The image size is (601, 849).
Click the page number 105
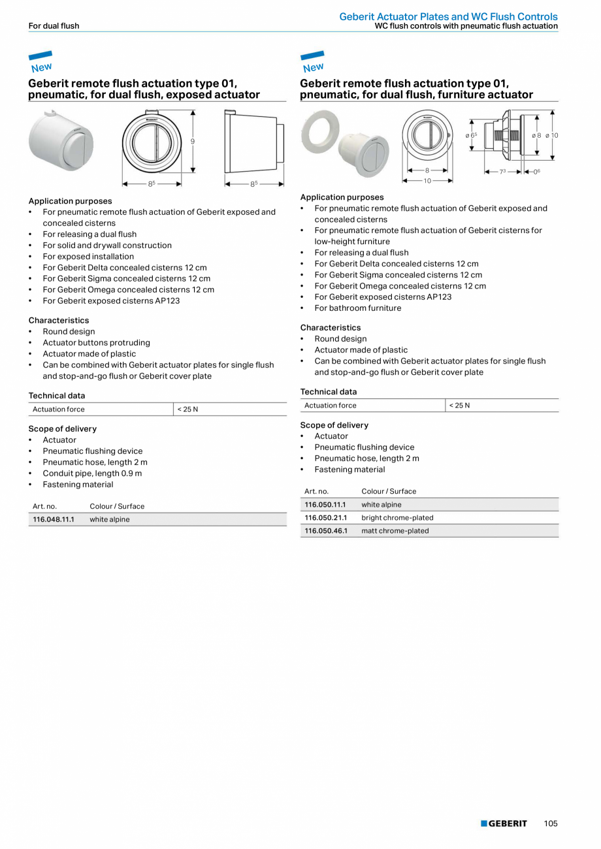[551, 824]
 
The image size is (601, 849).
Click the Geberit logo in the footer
[504, 824]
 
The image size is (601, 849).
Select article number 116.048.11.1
[54, 520]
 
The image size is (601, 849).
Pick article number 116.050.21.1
[325, 518]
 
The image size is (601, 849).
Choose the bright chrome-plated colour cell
[397, 518]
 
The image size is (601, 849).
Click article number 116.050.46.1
[325, 531]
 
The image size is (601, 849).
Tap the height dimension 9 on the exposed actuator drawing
[193, 141]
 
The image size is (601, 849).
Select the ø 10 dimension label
[552, 135]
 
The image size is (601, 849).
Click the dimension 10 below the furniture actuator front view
[427, 181]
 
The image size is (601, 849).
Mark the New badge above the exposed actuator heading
[41, 63]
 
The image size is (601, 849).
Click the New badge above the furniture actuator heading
[313, 63]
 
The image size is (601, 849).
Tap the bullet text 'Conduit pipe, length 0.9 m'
[92, 473]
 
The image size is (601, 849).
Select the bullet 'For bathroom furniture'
[358, 308]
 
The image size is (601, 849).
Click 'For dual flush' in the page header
[54, 26]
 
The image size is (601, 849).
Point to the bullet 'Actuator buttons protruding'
[96, 343]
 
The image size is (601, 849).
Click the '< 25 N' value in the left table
[187, 409]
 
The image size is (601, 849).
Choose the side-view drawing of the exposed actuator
[253, 142]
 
